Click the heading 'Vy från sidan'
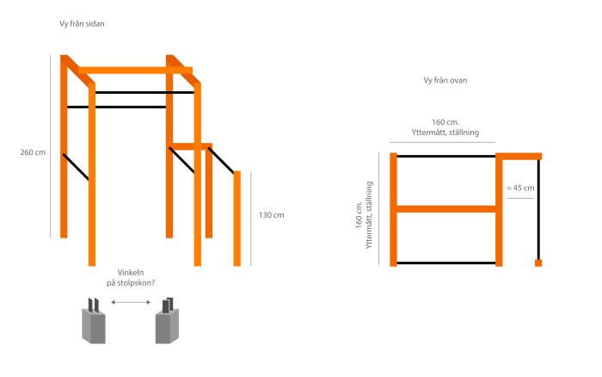pos(82,24)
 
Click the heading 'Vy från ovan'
pos(445,81)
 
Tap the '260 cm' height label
pos(33,152)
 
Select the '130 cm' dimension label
pos(271,214)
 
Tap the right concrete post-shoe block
pos(167,324)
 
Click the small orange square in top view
pos(538,263)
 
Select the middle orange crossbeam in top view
pos(445,208)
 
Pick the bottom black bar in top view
pos(445,263)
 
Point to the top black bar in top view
pos(445,156)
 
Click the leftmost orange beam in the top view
pos(394,209)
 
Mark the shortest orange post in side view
pos(237,219)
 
